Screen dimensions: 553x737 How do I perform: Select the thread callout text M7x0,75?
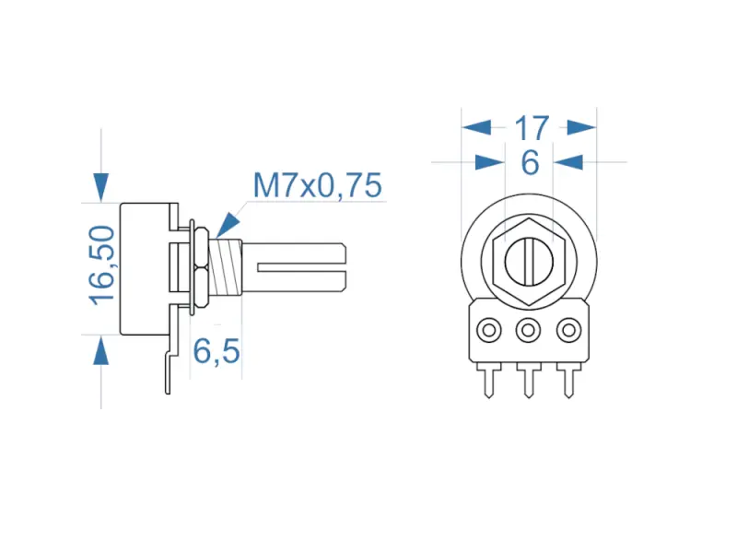(317, 186)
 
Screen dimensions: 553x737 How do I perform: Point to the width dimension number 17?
(531, 127)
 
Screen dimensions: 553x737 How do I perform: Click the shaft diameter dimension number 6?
(530, 162)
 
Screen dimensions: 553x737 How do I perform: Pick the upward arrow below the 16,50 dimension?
(100, 350)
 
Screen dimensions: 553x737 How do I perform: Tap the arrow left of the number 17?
(477, 127)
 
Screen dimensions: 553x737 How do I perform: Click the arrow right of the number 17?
(581, 127)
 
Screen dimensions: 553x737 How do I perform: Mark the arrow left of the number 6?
(489, 162)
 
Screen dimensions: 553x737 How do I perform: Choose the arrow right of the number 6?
(570, 162)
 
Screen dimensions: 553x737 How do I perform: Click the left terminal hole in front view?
(488, 329)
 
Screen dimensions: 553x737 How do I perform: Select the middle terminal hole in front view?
(529, 329)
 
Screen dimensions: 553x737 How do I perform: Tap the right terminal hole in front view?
(569, 329)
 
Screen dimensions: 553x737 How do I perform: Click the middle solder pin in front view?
(529, 379)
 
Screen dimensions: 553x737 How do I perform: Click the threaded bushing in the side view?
(227, 268)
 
